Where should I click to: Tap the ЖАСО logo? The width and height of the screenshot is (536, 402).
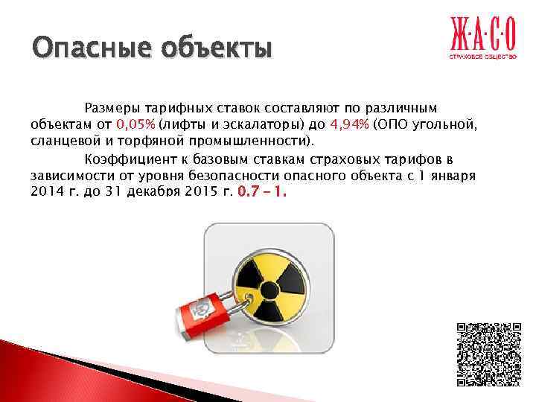(481, 34)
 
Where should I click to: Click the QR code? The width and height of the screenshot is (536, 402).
(488, 354)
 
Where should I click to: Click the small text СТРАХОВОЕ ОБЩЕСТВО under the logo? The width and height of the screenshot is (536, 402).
(481, 56)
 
